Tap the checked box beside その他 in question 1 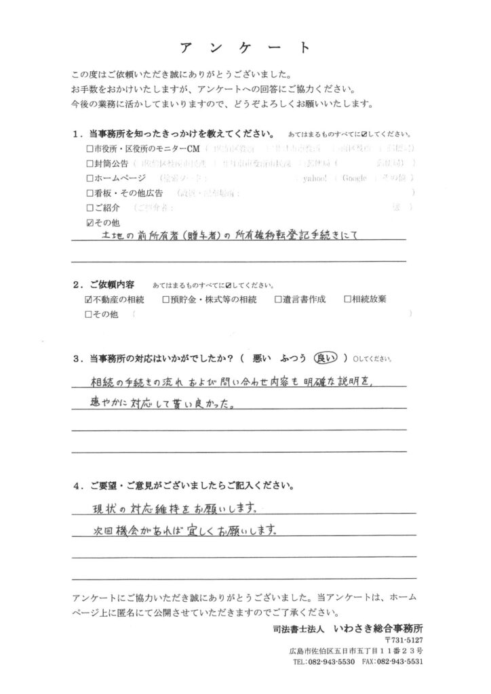(91, 222)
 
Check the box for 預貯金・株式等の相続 (166, 298)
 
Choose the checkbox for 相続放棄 (347, 298)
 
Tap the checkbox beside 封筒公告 (91, 163)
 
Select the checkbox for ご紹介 (91, 207)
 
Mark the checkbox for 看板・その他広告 (91, 193)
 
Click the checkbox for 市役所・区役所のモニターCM (91, 148)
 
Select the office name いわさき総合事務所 (382, 628)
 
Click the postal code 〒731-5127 (404, 640)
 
